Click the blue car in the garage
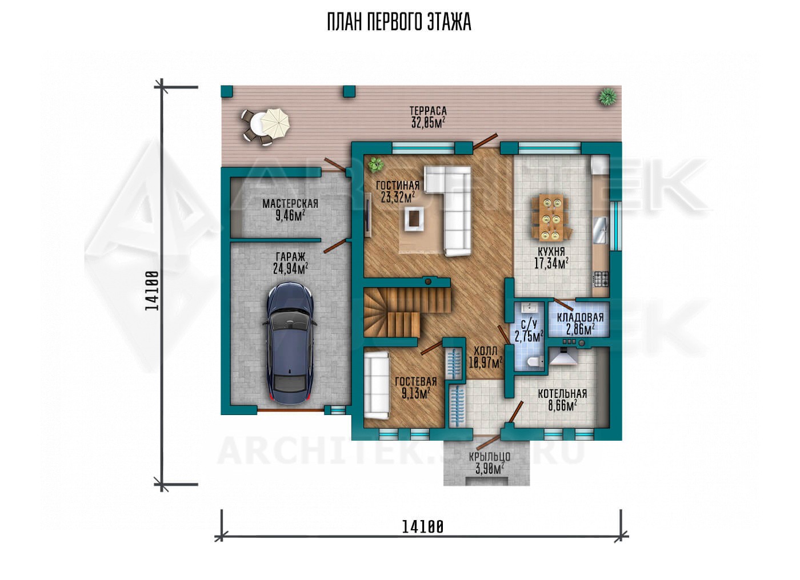tap(290, 343)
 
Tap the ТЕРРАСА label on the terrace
tap(428, 111)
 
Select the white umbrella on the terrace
tap(275, 123)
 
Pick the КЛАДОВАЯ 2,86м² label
tap(581, 324)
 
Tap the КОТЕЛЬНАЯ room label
tap(562, 394)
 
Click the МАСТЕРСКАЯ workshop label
tap(290, 204)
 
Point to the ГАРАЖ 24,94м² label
tap(290, 263)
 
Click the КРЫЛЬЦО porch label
tap(490, 457)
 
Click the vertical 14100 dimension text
tap(152, 291)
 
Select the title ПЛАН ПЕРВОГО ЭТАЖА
tap(399, 22)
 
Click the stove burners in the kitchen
tap(601, 279)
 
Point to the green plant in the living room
tap(376, 165)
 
